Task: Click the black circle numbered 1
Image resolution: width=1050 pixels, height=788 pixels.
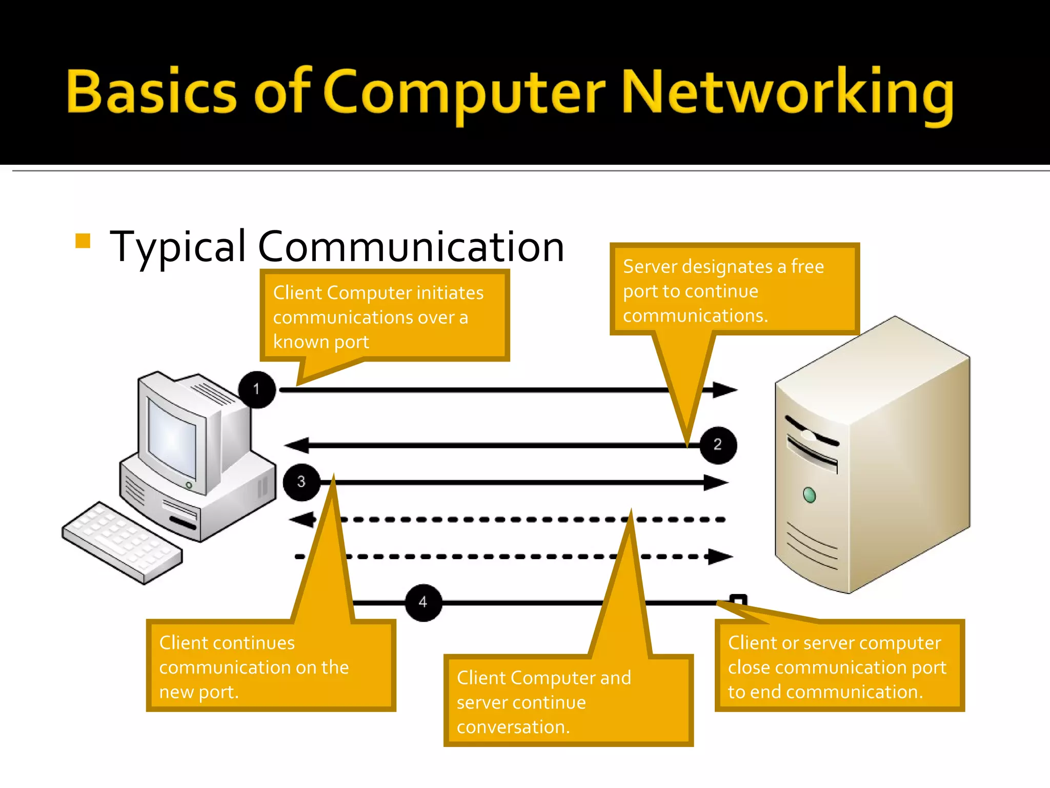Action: tap(257, 389)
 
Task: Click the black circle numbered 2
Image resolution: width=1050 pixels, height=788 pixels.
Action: tap(718, 445)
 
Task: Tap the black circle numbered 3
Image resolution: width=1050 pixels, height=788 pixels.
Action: tap(301, 482)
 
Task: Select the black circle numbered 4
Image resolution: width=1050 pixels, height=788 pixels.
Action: tap(423, 602)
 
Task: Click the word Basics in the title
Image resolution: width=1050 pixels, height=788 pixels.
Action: tap(151, 92)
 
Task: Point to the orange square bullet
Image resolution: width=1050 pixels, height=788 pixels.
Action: tap(83, 241)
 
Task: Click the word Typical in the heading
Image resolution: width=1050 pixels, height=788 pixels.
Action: tap(178, 248)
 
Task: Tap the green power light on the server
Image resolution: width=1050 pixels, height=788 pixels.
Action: tap(809, 495)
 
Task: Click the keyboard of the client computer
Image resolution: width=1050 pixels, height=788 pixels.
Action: tap(122, 542)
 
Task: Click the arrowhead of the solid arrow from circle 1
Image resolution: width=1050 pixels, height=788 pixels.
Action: tap(725, 390)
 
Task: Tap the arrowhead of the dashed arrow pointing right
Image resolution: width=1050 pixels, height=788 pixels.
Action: tap(720, 556)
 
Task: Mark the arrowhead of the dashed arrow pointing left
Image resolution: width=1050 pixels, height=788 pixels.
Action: tap(302, 519)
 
